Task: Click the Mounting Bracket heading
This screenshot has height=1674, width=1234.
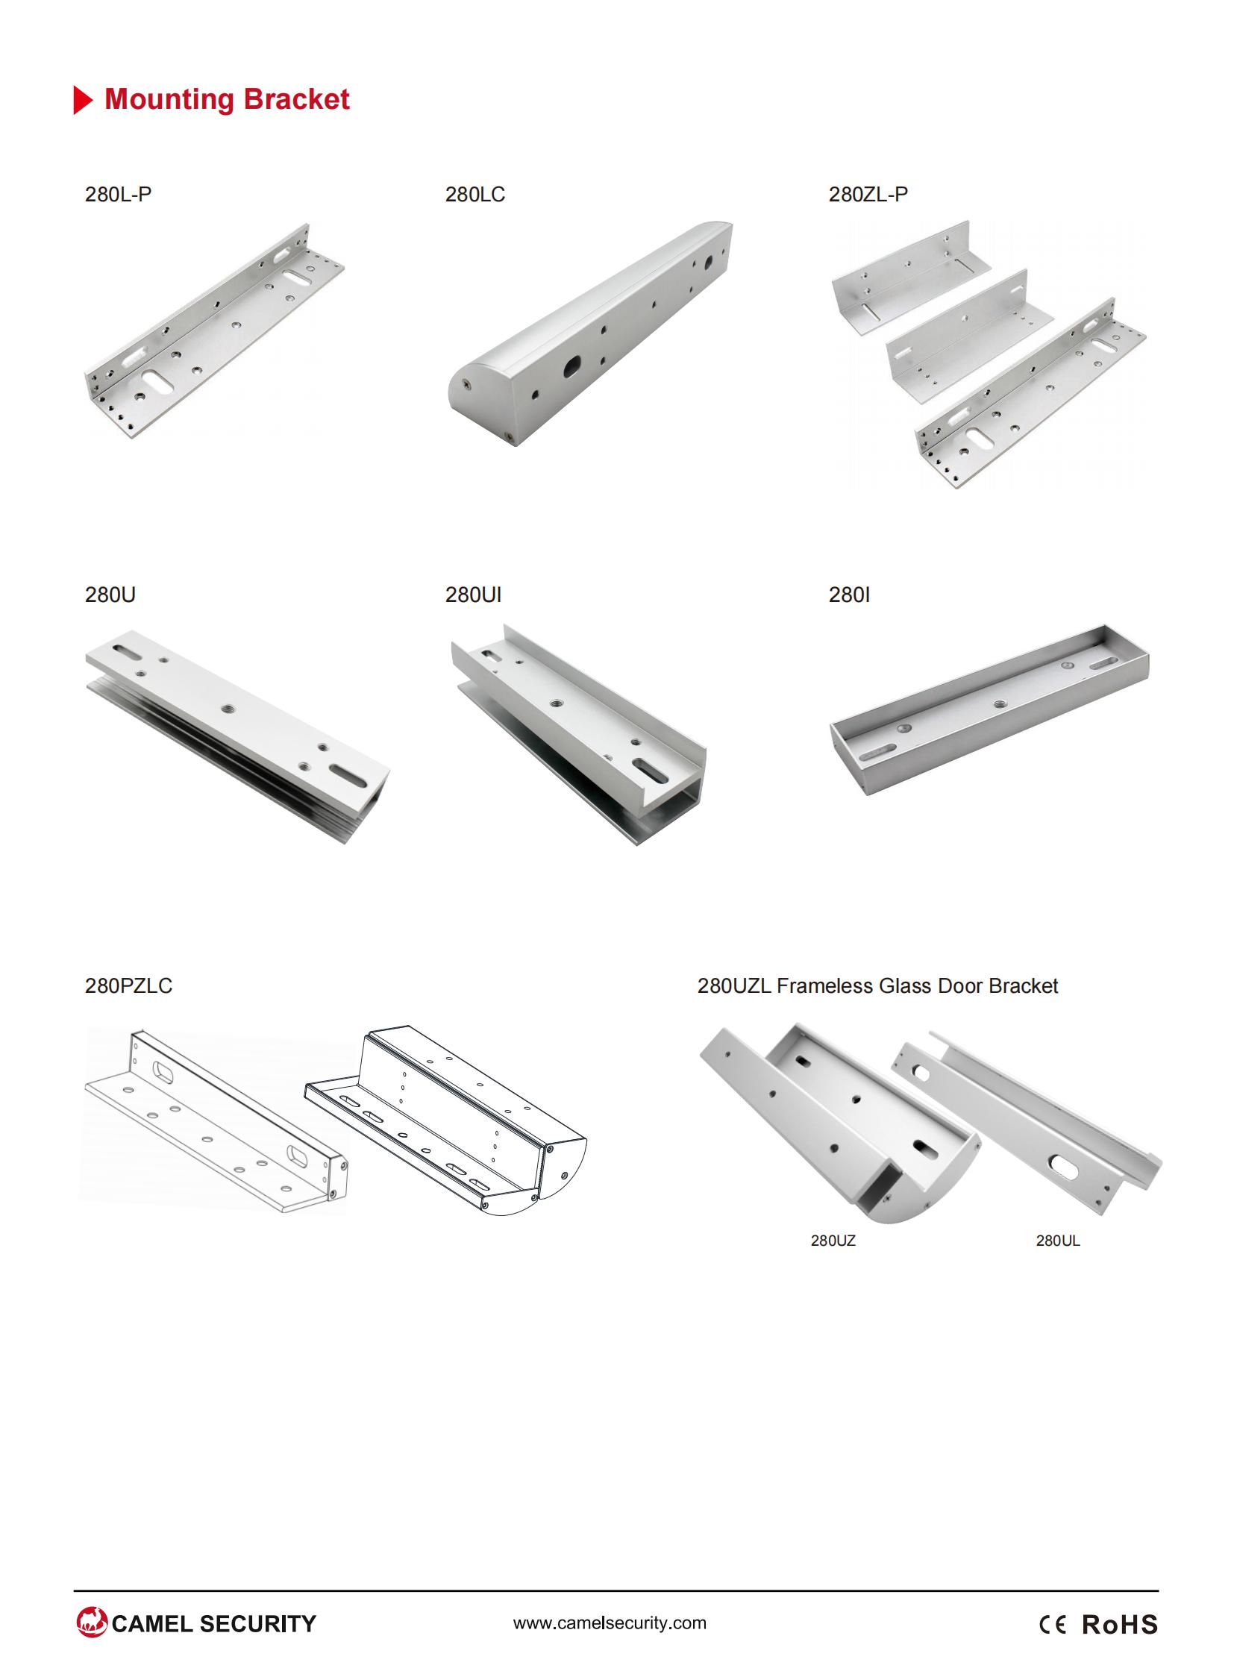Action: (x=227, y=99)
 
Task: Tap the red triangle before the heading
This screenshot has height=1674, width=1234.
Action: (x=84, y=100)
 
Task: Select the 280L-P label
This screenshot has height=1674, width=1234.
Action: (x=118, y=194)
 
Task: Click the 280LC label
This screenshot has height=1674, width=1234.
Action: (x=475, y=194)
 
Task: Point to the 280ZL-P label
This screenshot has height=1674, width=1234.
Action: (x=868, y=194)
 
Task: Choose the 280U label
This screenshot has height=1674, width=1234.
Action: (x=110, y=595)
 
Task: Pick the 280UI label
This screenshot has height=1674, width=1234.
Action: (x=474, y=595)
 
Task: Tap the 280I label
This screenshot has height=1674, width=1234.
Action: (x=849, y=595)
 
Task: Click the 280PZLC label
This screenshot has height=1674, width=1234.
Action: (x=128, y=986)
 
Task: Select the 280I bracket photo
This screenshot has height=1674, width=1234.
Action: (x=990, y=709)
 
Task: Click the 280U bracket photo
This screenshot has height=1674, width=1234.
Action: (x=237, y=736)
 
